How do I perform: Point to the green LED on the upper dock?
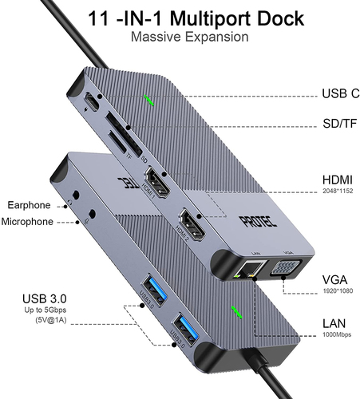[149, 101]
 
